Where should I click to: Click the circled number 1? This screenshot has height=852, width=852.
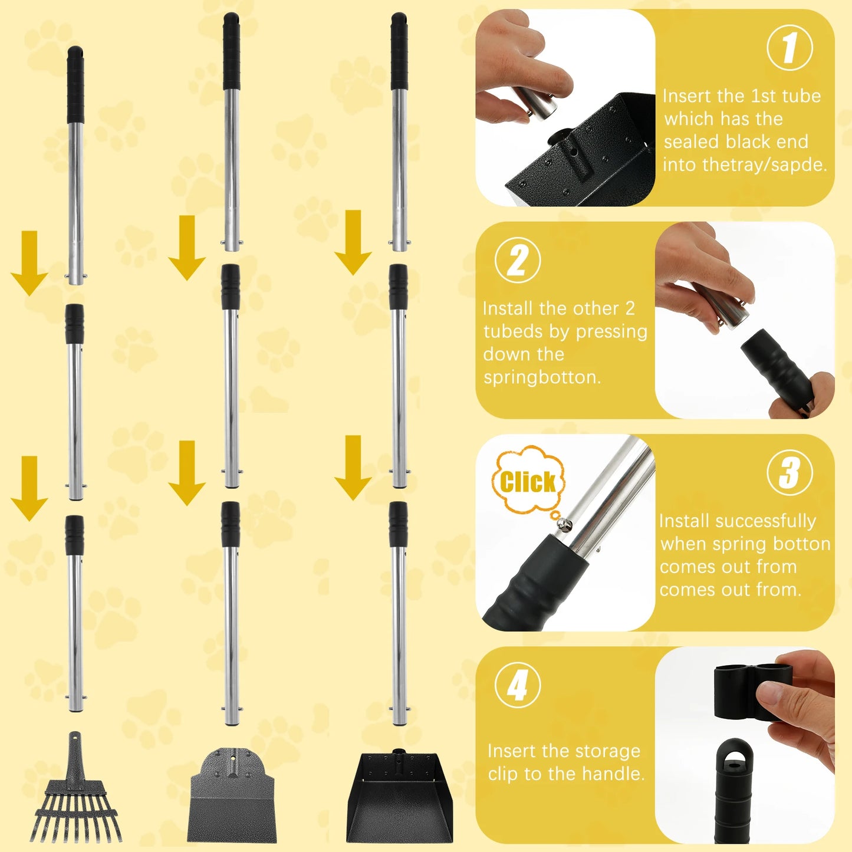(x=790, y=48)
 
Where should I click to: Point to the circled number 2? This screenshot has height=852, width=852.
(x=517, y=261)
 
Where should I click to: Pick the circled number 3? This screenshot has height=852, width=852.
(x=790, y=472)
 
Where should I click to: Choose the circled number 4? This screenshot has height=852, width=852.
(x=517, y=685)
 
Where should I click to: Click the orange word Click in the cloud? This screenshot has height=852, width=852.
(x=528, y=482)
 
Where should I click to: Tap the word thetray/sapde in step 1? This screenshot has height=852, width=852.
(x=745, y=165)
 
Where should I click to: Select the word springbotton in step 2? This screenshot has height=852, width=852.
(x=542, y=377)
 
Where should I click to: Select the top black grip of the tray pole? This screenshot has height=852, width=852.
(x=399, y=51)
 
